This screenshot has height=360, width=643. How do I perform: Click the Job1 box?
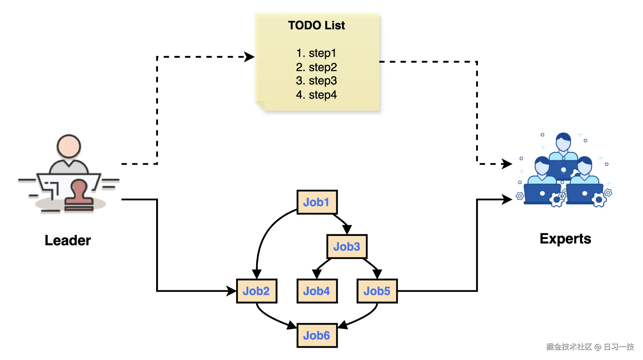[x=317, y=202]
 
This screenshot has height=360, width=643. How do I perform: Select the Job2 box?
[x=256, y=291]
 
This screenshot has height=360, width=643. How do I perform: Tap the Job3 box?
[x=347, y=246]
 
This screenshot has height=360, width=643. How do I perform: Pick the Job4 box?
[x=317, y=291]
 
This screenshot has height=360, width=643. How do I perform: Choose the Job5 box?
[x=377, y=291]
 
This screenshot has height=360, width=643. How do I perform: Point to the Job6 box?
[x=317, y=335]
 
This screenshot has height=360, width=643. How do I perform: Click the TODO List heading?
[x=317, y=25]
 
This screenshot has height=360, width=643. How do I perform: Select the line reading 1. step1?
[x=316, y=53]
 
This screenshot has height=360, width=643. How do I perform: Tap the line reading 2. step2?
[x=316, y=67]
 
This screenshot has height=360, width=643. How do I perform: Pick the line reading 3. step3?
[x=316, y=81]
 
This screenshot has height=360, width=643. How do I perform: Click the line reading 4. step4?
[x=316, y=95]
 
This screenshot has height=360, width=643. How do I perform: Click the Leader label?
[x=68, y=240]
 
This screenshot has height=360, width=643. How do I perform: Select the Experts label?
[x=565, y=239]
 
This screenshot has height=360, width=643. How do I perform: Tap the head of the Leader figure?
[x=69, y=146]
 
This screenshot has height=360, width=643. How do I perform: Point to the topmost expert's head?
[x=563, y=141]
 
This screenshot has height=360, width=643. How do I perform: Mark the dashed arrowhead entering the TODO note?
[x=249, y=57]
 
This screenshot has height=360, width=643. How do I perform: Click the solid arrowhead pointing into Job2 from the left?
[x=231, y=291]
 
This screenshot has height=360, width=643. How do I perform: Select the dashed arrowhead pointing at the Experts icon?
[x=507, y=164]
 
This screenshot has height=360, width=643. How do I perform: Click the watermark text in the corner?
[x=590, y=347]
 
